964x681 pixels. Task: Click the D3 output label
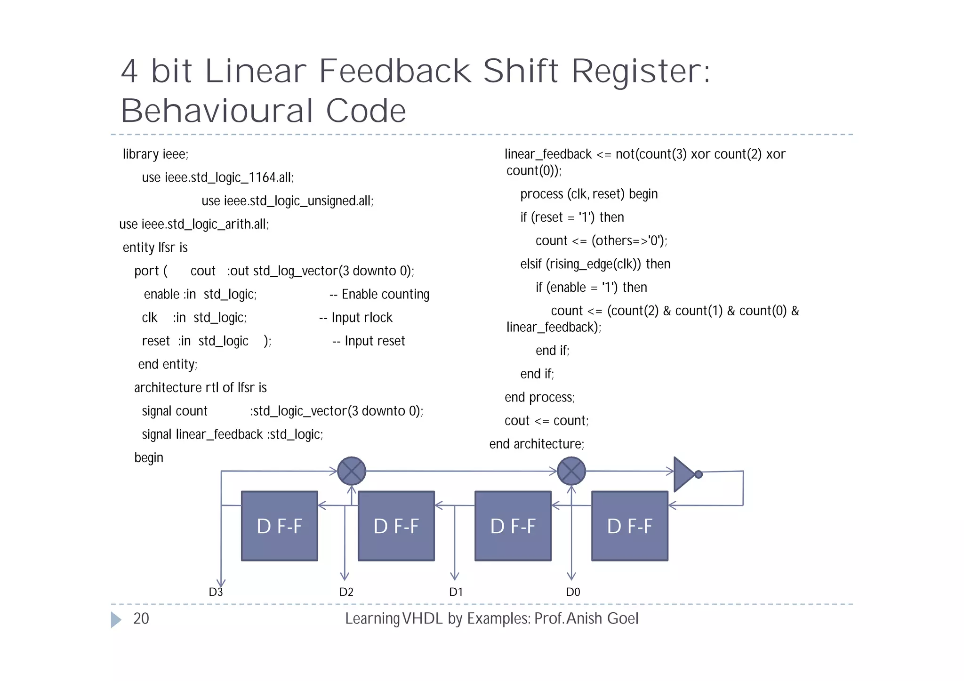point(216,592)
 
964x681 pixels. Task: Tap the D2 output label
point(346,592)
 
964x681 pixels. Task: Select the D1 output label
point(456,592)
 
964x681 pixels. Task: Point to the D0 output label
point(572,592)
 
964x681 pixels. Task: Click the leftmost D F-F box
point(279,526)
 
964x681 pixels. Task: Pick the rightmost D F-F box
point(629,526)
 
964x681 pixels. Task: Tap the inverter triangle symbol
point(684,474)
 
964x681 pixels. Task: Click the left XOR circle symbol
point(352,471)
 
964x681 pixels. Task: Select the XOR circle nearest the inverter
point(571,471)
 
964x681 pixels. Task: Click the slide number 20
point(141,618)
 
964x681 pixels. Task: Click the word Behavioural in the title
point(216,111)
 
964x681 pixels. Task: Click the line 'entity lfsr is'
point(155,248)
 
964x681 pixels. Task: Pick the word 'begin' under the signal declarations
point(149,457)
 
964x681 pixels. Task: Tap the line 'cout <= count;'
point(546,421)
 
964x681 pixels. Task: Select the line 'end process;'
point(539,397)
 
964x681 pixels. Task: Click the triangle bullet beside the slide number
point(116,619)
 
